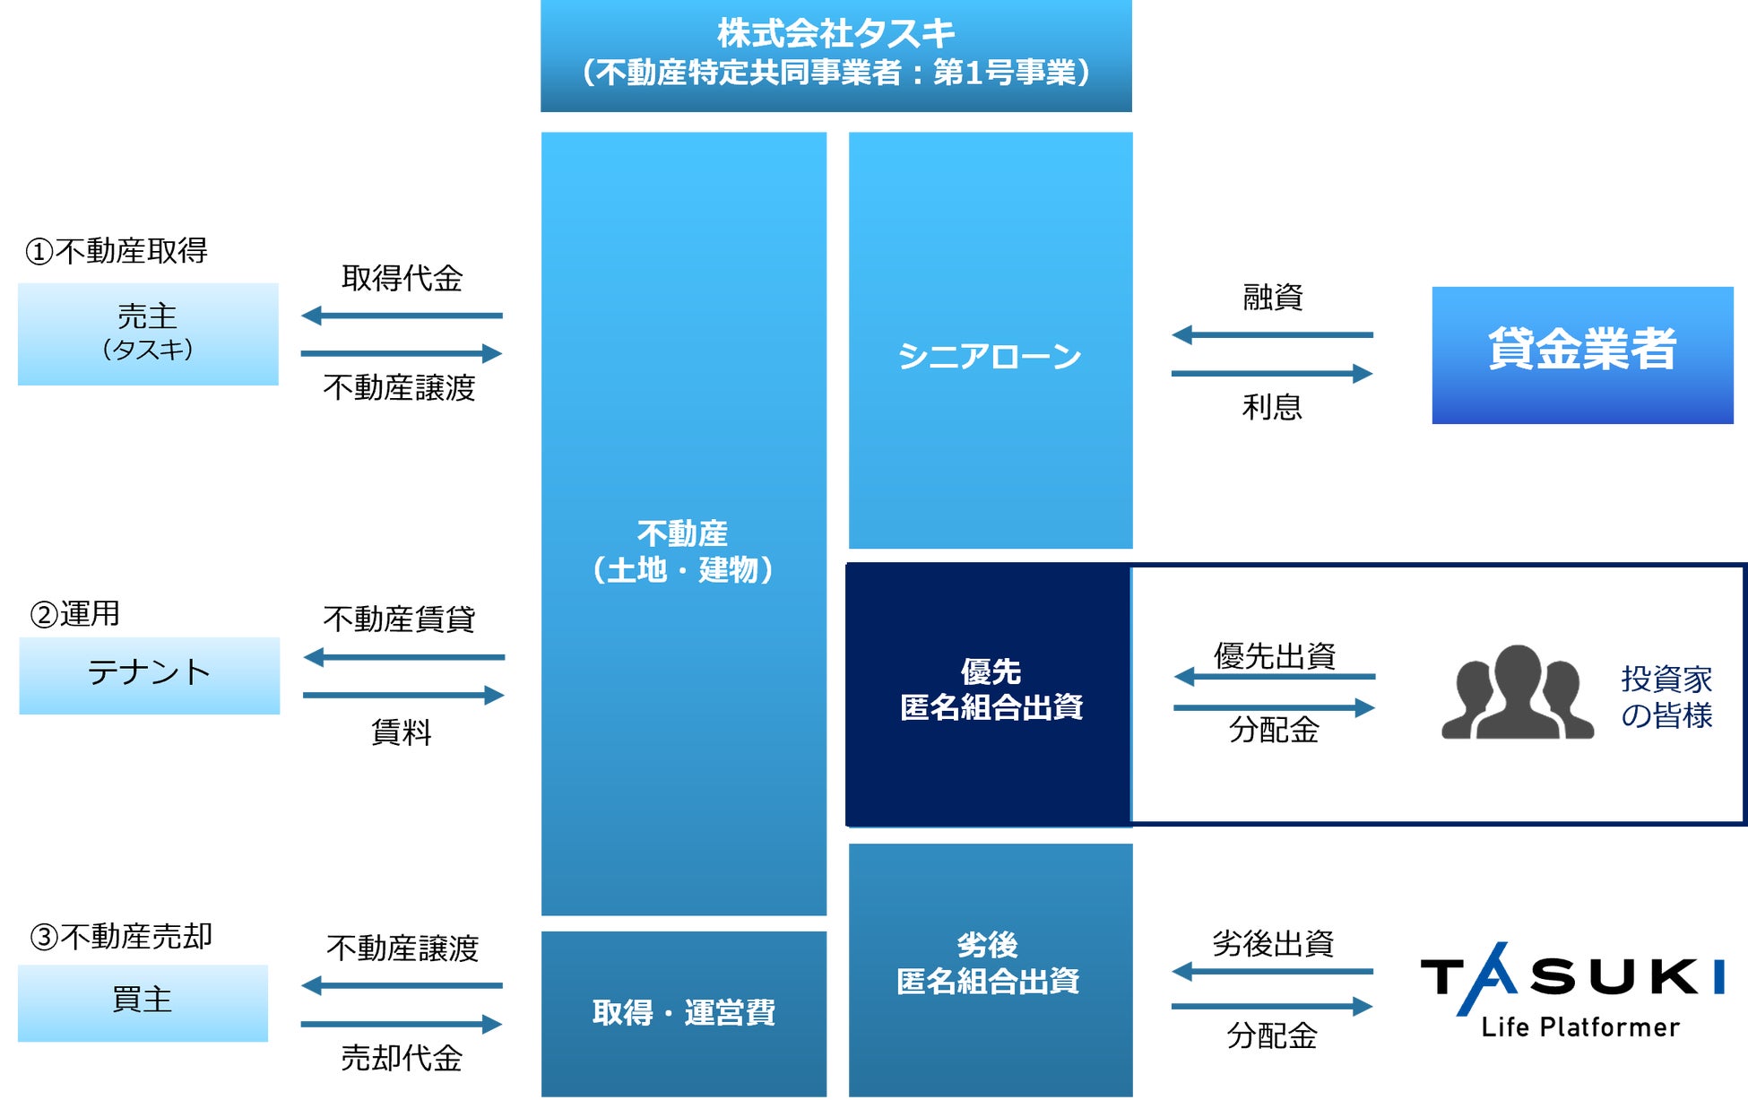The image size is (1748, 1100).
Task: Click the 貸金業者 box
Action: [x=1582, y=355]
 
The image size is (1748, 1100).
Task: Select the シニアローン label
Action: [x=990, y=357]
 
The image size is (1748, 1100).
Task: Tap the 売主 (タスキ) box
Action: [x=148, y=333]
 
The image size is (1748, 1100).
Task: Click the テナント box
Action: [x=149, y=675]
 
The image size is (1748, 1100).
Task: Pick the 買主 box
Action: [x=143, y=1002]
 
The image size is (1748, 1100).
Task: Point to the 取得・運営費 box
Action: [x=683, y=1013]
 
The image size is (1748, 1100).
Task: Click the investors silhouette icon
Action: [x=1517, y=693]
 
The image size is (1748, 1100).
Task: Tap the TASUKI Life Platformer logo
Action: [x=1573, y=990]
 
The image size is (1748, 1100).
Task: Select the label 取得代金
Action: [x=402, y=279]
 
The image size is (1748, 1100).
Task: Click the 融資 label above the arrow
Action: [x=1272, y=298]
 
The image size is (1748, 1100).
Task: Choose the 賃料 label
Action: [x=402, y=733]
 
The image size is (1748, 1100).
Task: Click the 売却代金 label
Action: [x=402, y=1059]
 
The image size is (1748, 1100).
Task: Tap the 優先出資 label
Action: [x=1274, y=656]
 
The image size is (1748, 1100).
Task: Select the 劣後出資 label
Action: [x=1272, y=944]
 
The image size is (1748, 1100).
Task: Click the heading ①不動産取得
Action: [x=117, y=251]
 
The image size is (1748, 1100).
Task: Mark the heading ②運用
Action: [x=75, y=614]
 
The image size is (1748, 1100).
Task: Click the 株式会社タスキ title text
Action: [x=835, y=34]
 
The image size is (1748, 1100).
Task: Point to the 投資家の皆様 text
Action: [x=1666, y=697]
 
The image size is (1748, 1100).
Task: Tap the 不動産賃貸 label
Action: [x=399, y=619]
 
